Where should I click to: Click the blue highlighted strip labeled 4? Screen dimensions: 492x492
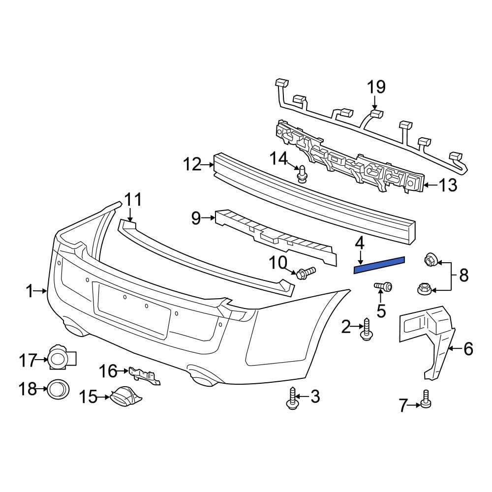[379, 264]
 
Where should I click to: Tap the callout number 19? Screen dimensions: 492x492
[376, 87]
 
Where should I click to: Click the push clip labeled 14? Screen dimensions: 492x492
[302, 173]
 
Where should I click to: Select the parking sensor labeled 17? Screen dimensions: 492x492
[60, 358]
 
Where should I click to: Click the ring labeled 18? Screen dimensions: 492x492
[58, 390]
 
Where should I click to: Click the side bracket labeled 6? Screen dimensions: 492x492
[426, 339]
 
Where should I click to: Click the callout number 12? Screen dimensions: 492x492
[192, 164]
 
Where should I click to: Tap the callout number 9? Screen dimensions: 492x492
[196, 217]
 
